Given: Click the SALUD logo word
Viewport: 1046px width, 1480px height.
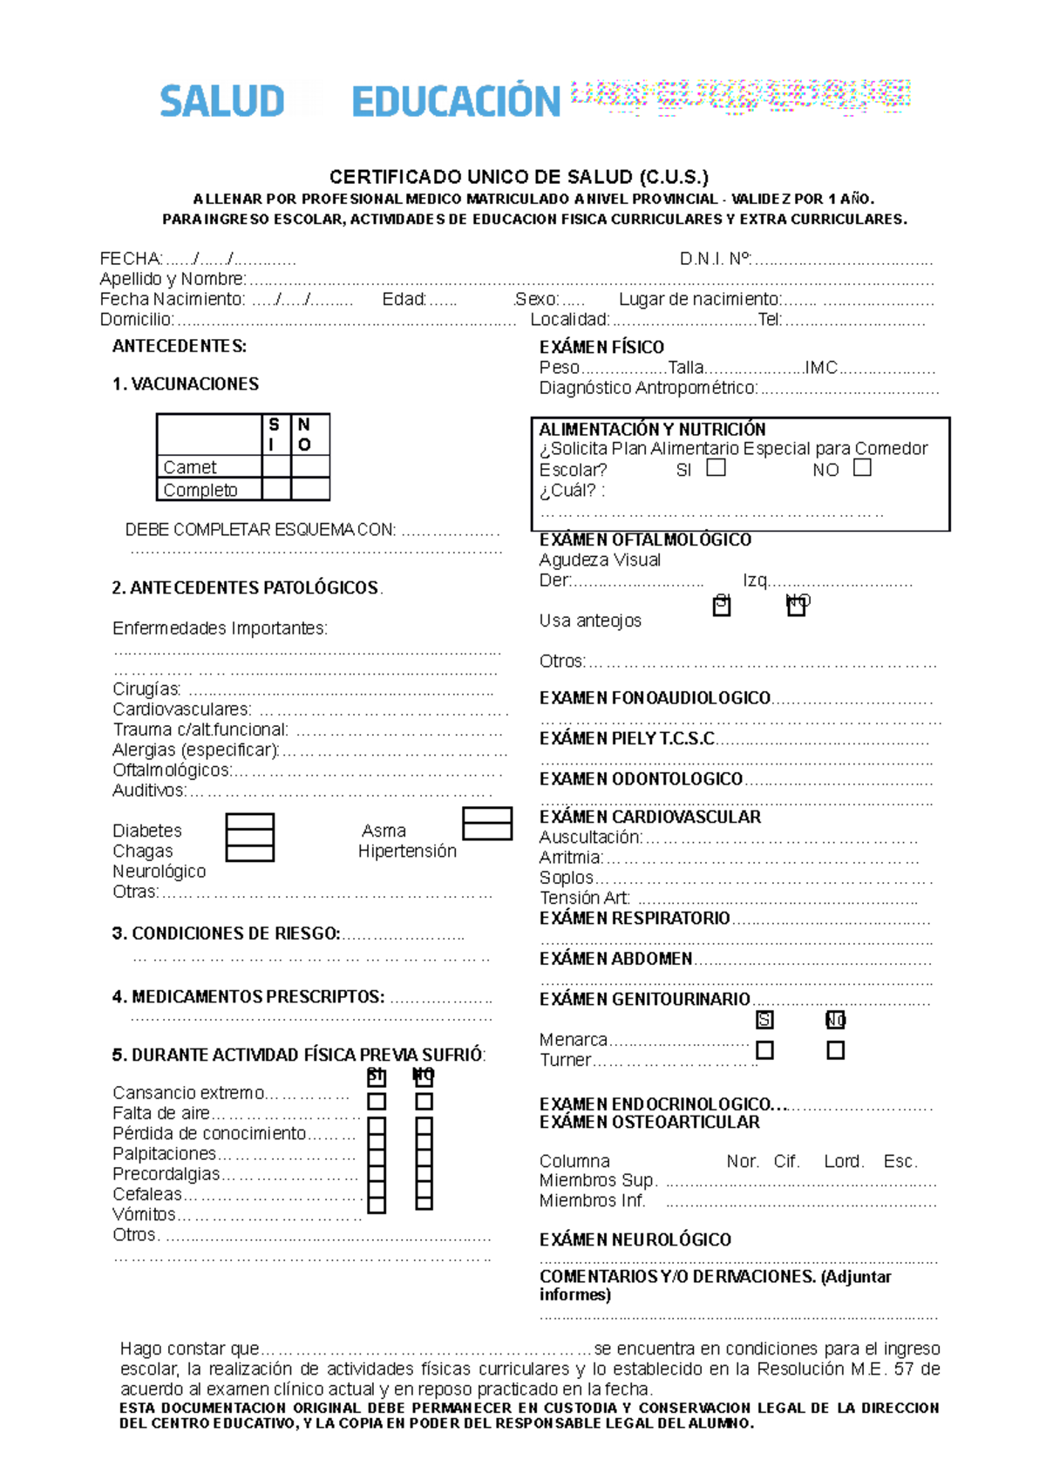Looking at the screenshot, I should tap(221, 101).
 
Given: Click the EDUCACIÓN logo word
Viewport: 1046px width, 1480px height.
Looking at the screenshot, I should tap(455, 102).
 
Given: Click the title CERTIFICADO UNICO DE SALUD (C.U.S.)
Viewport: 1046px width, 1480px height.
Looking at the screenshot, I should tap(519, 177).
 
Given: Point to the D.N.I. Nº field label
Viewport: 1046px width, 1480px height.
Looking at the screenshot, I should tap(715, 259).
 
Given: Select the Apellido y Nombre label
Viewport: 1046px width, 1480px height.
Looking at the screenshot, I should tap(173, 279).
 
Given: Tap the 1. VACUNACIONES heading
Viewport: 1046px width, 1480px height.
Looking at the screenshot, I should tap(186, 384).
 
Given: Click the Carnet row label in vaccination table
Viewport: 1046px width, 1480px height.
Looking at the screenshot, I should tap(190, 467).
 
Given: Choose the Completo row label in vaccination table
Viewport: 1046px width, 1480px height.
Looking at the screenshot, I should tap(200, 490).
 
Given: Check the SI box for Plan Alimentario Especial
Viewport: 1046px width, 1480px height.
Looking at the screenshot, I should tap(716, 467).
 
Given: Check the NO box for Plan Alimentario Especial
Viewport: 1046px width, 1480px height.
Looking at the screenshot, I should tap(862, 467).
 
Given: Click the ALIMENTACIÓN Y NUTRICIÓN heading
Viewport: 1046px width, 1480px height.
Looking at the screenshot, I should tap(652, 430).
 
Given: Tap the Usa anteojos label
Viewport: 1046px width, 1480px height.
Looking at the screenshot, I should tap(590, 621).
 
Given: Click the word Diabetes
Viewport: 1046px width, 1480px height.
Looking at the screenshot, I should tap(147, 831).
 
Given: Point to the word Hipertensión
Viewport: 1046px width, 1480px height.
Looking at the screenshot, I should tap(407, 851).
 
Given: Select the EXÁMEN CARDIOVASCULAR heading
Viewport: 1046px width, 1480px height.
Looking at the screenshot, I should tap(649, 817).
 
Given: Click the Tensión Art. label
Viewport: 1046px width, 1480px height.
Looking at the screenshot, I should tap(584, 898).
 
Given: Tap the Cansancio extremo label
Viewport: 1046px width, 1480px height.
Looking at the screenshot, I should tap(188, 1093).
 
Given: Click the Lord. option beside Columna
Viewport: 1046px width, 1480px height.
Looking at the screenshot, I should tap(844, 1161).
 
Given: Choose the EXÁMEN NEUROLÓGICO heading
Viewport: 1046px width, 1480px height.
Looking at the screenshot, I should tap(635, 1239).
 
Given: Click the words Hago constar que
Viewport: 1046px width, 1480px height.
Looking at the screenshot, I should tap(189, 1348).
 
